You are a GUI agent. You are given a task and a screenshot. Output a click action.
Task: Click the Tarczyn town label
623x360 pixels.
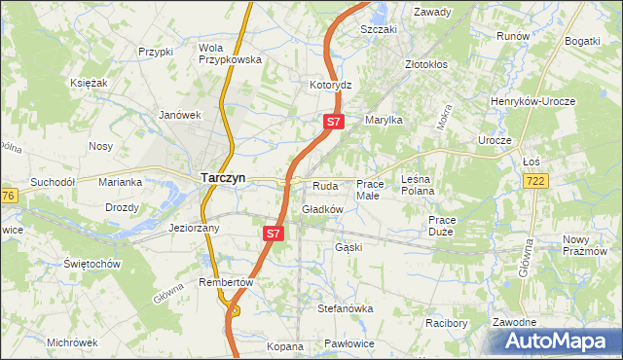pos(223,177)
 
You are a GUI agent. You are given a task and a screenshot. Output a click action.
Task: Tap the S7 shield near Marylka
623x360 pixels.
pos(333,122)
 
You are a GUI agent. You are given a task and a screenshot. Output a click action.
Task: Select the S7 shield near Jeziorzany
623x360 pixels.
pos(273,234)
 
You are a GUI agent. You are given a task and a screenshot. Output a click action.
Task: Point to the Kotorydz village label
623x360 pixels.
pos(330,86)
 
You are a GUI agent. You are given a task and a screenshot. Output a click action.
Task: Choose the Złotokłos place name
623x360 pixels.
pos(425,64)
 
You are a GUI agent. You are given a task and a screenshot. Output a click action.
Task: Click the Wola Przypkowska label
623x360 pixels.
pos(230,53)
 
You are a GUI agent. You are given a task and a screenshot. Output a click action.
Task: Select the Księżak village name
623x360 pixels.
pos(89,83)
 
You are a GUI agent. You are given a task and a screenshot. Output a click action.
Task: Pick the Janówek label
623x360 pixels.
pos(179,114)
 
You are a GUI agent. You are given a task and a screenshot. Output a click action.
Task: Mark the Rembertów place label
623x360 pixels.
pos(226,282)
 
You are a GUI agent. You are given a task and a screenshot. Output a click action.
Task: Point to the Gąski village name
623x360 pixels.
pos(348,247)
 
